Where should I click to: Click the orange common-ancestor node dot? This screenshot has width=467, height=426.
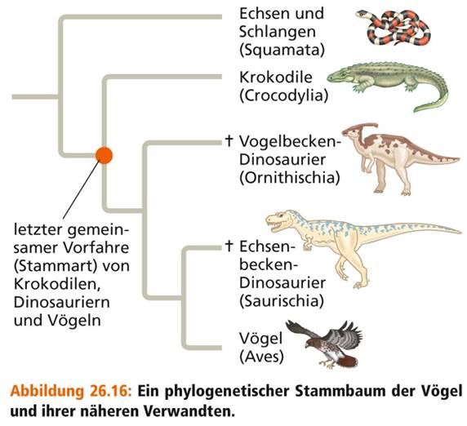click(104, 155)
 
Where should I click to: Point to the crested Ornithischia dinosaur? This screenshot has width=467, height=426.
click(399, 158)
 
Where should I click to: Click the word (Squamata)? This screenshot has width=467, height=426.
click(282, 50)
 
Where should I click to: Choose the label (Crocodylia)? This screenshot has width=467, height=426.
click(283, 95)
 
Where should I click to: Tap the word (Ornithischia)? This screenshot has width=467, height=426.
click(290, 178)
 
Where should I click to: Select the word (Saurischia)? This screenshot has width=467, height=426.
click(282, 301)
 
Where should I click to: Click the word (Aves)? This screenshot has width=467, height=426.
click(261, 357)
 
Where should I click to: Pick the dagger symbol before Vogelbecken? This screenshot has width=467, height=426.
click(229, 141)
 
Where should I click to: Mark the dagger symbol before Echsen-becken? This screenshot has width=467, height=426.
click(229, 246)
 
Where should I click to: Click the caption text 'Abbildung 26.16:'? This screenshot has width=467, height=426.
click(70, 391)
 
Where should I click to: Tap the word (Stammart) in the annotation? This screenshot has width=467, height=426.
click(56, 266)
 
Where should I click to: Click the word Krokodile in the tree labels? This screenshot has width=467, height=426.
click(276, 78)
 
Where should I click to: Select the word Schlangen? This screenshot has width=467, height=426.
click(278, 32)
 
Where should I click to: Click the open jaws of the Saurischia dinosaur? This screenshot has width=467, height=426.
click(274, 224)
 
